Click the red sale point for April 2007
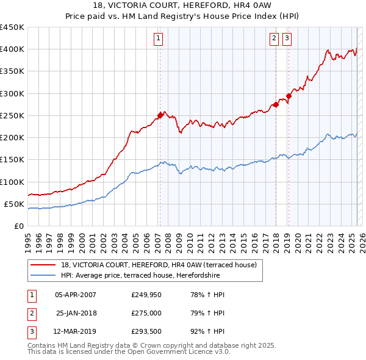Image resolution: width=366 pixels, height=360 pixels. (160, 115)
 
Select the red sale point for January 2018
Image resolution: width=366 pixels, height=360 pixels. (276, 104)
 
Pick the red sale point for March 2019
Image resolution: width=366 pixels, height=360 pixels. (289, 96)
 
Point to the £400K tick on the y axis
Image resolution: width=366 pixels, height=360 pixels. (12, 49)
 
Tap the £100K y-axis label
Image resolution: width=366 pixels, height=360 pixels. (12, 182)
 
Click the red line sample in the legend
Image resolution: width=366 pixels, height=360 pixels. (43, 265)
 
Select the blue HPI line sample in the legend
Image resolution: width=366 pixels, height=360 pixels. (43, 275)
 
